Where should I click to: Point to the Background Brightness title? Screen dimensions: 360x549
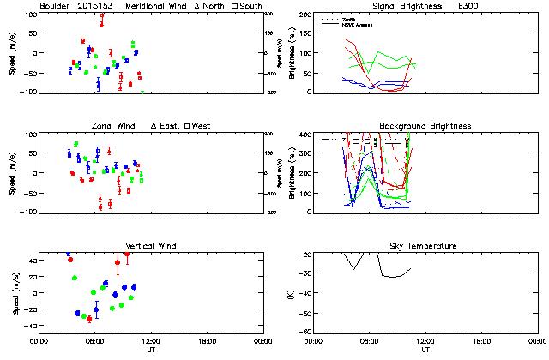(425, 126)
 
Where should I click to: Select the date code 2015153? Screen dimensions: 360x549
(96, 6)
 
